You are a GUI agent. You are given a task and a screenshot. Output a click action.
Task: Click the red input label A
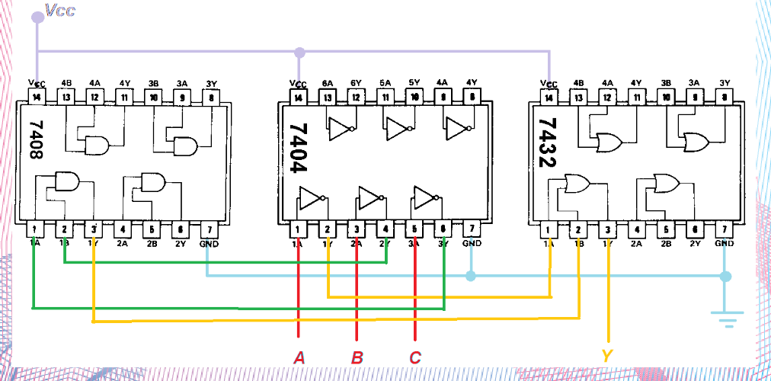tap(299, 357)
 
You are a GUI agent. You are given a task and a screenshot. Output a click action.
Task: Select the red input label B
tap(357, 357)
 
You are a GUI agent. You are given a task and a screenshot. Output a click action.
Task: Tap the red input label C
tap(414, 357)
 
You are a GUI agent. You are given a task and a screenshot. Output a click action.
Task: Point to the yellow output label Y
tap(607, 356)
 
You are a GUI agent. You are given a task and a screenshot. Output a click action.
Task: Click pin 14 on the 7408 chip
tap(37, 97)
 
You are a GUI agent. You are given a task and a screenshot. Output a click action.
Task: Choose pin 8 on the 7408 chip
tap(211, 97)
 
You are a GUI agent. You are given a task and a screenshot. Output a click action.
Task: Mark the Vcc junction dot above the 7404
tap(299, 53)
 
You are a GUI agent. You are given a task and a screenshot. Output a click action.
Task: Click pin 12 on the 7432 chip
tap(607, 97)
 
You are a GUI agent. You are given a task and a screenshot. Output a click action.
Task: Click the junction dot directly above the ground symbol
tap(726, 276)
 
